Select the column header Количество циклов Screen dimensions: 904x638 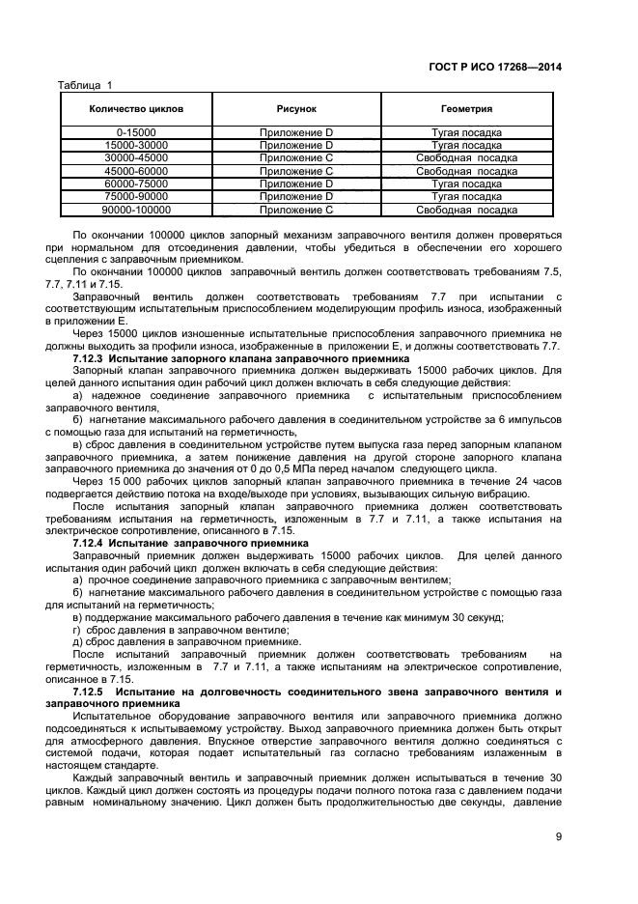tap(136, 109)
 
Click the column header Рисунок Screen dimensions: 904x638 tap(296, 109)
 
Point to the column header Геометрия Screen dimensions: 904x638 tap(466, 109)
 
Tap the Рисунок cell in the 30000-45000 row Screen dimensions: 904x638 tap(296, 157)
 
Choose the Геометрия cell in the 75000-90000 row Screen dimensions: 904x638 tap(466, 196)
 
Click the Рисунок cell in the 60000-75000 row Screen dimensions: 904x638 tap(296, 184)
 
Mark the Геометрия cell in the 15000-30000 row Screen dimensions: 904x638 tap(466, 144)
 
